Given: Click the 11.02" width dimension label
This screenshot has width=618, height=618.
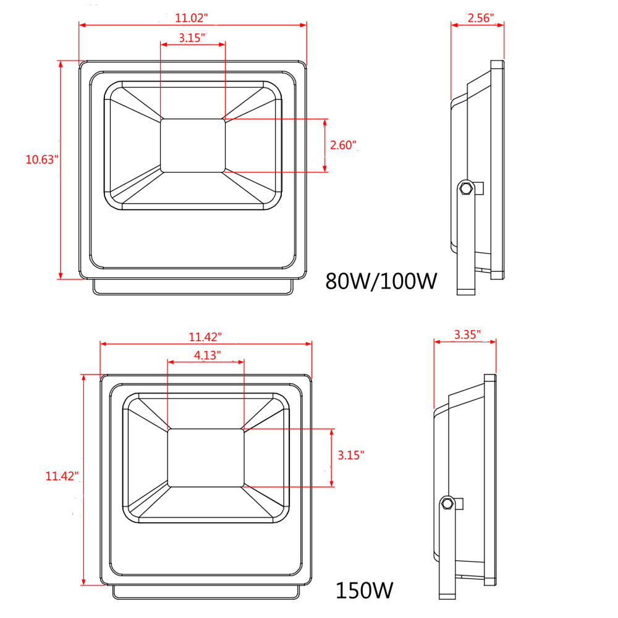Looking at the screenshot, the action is pyautogui.click(x=191, y=18).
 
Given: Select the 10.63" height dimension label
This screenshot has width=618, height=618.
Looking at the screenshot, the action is pyautogui.click(x=42, y=159).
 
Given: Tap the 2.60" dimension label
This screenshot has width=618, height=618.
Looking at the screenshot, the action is pyautogui.click(x=343, y=145).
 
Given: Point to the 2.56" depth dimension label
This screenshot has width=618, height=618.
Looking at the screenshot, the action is pyautogui.click(x=480, y=18).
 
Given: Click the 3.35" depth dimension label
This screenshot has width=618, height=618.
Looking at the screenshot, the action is pyautogui.click(x=467, y=334).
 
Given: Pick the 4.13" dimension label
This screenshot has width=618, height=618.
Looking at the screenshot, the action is pyautogui.click(x=207, y=355).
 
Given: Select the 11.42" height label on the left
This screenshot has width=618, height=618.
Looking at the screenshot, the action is pyautogui.click(x=62, y=476).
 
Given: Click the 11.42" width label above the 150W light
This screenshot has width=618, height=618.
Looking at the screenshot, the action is pyautogui.click(x=205, y=337).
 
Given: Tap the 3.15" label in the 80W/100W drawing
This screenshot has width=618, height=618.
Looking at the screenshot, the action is pyautogui.click(x=192, y=38).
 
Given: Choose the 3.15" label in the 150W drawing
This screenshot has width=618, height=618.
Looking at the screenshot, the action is pyautogui.click(x=351, y=455).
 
